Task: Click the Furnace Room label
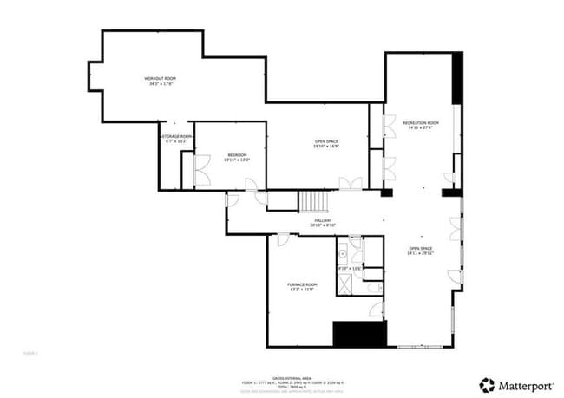coord(302,284)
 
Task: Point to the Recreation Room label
coord(420,123)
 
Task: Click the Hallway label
coord(324,220)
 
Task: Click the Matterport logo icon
coord(488,383)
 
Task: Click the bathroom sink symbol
coord(344,255)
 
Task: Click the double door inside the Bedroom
coord(201,171)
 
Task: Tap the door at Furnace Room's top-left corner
coord(282,240)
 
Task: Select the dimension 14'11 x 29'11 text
coord(420,253)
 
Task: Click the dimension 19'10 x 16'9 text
coord(326,146)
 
